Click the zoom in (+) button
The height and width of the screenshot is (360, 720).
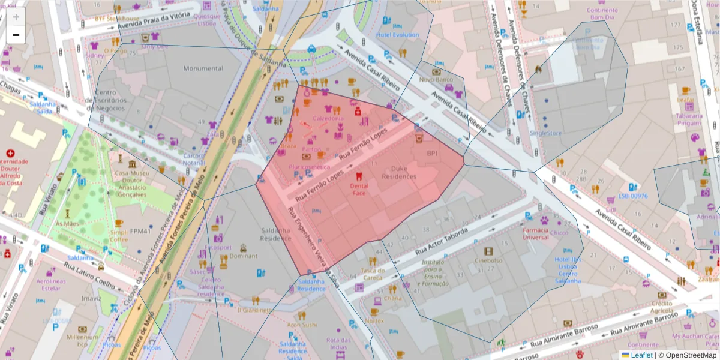click(16, 17)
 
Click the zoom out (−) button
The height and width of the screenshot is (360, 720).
click(16, 35)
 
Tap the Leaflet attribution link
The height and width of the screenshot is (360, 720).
click(641, 355)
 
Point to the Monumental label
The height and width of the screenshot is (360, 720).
click(203, 68)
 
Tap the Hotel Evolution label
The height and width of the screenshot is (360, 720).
click(397, 35)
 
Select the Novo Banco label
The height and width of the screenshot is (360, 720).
click(436, 79)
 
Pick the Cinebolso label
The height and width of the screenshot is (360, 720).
click(488, 260)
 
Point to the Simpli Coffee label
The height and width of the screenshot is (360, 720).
click(119, 236)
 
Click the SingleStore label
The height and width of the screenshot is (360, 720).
click(545, 133)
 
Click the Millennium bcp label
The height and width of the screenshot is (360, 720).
click(82, 341)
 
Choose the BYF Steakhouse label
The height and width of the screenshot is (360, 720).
click(116, 19)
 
